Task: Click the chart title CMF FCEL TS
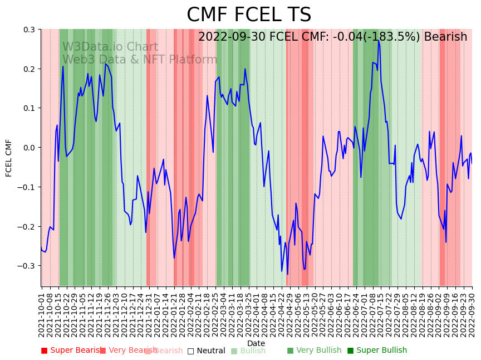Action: click(249, 15)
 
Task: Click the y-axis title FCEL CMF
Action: click(9, 158)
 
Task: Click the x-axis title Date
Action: click(256, 343)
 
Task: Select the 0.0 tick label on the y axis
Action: click(28, 148)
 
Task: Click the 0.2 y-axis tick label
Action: click(28, 69)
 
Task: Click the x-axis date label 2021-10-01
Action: click(42, 312)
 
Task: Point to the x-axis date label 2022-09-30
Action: click(472, 312)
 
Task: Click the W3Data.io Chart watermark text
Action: click(110, 47)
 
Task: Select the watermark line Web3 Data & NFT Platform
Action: click(140, 60)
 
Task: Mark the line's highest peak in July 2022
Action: click(378, 40)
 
